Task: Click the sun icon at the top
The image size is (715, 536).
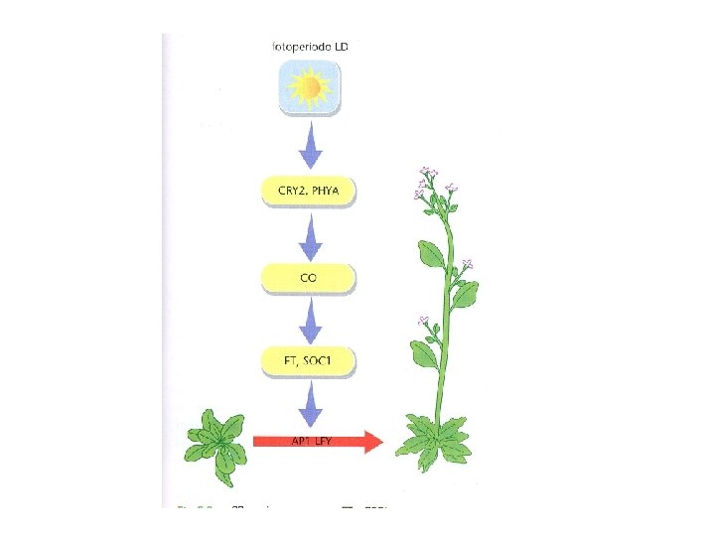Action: pyautogui.click(x=310, y=88)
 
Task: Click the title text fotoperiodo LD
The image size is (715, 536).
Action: pyautogui.click(x=309, y=46)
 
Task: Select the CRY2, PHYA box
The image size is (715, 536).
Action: pyautogui.click(x=308, y=191)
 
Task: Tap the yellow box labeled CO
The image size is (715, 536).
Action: pyautogui.click(x=308, y=278)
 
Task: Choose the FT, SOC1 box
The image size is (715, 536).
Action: pyautogui.click(x=308, y=360)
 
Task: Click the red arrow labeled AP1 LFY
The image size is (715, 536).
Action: pyautogui.click(x=318, y=440)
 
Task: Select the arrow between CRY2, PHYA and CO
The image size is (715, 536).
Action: pyautogui.click(x=310, y=236)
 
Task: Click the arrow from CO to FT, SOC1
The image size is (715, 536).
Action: pyautogui.click(x=310, y=320)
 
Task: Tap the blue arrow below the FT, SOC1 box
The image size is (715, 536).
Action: pyautogui.click(x=310, y=402)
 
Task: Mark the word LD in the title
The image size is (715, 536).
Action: pyautogui.click(x=339, y=46)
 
